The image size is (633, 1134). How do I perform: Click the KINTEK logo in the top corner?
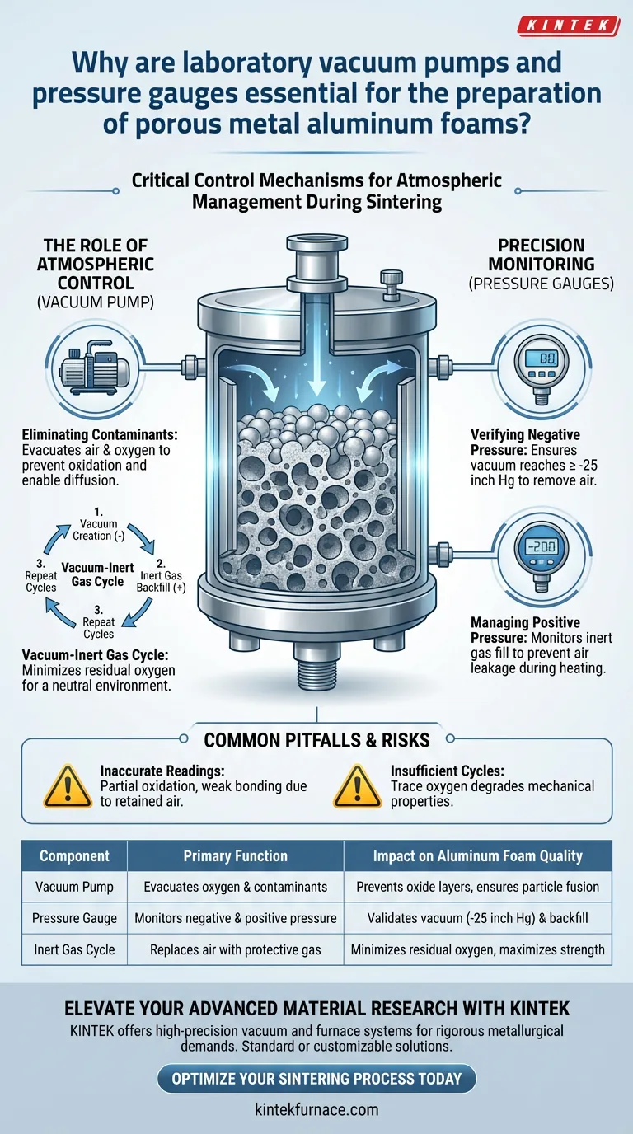click(x=568, y=26)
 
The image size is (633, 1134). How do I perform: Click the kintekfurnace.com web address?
click(x=316, y=1110)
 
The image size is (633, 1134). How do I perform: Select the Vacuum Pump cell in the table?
click(x=74, y=887)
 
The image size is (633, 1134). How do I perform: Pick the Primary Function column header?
click(x=236, y=855)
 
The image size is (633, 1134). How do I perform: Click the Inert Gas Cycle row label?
click(x=74, y=949)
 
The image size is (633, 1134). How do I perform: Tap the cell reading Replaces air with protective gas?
click(x=236, y=949)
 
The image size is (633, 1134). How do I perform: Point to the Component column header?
click(x=74, y=855)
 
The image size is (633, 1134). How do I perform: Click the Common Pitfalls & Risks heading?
click(x=316, y=740)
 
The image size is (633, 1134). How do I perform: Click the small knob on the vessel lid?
click(x=391, y=284)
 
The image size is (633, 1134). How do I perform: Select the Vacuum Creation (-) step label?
click(x=98, y=524)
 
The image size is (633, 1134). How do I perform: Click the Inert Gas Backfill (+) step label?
click(x=161, y=575)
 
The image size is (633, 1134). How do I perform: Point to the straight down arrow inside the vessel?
click(x=317, y=364)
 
